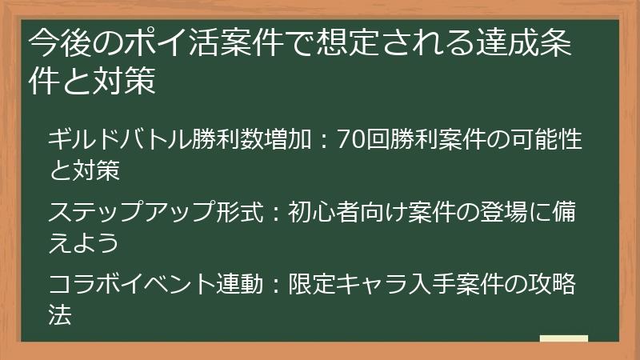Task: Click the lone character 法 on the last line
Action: click(61, 314)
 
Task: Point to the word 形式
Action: click(232, 212)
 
